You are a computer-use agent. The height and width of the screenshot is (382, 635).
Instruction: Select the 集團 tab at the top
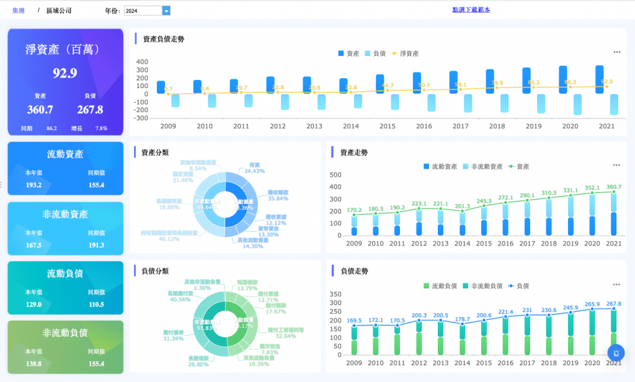tap(18, 11)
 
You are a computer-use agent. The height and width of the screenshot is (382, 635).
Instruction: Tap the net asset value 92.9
tap(64, 73)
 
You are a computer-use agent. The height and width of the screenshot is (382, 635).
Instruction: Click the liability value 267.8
tap(90, 110)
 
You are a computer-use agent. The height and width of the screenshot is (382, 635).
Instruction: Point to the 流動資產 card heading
tap(65, 154)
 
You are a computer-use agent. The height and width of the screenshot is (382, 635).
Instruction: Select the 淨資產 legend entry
tap(406, 53)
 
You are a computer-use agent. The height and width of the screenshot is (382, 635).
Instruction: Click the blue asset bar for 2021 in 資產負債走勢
tap(599, 79)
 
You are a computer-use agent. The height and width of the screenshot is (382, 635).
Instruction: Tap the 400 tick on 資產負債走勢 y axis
tap(142, 62)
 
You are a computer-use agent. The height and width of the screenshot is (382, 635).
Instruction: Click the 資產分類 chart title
tap(155, 152)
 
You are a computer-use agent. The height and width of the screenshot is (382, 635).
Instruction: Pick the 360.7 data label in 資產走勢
tap(613, 187)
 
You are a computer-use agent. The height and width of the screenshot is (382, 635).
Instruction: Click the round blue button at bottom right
tap(616, 353)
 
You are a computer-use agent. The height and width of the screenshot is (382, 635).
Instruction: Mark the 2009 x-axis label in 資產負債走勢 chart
tap(169, 126)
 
